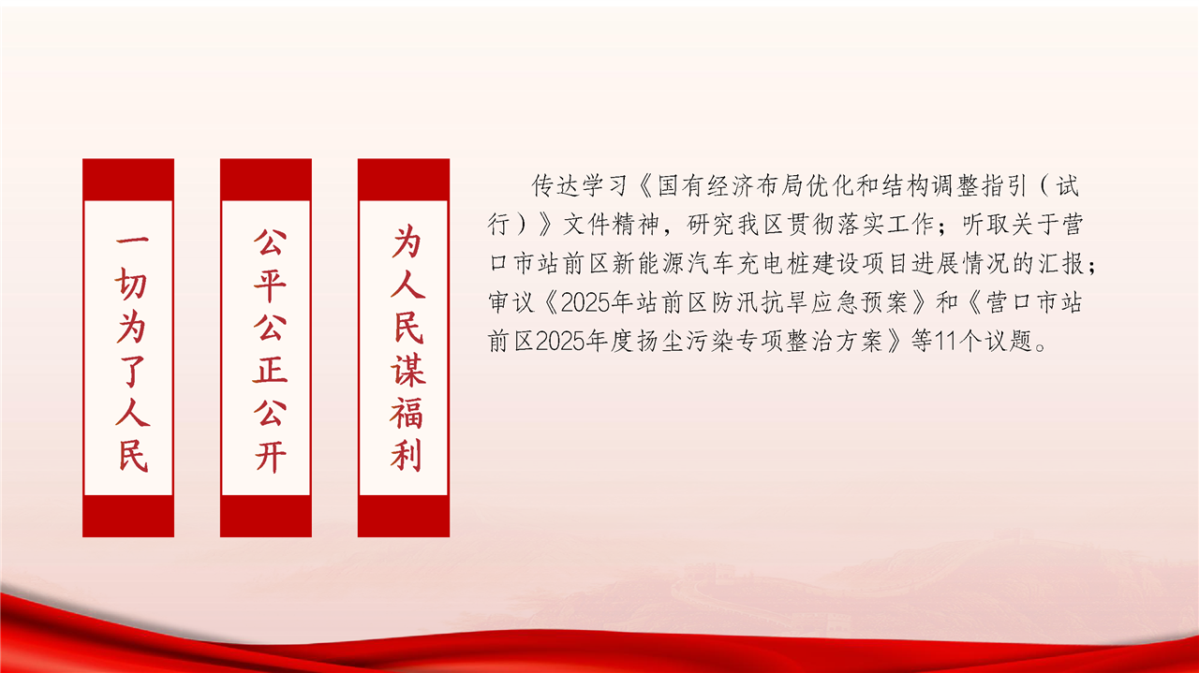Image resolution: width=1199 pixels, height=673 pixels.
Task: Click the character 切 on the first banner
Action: [x=130, y=283]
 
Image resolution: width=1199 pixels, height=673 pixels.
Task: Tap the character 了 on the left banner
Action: [x=132, y=371]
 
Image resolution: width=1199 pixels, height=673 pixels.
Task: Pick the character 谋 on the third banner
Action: [x=407, y=371]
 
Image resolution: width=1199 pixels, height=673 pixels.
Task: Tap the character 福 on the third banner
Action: [x=407, y=413]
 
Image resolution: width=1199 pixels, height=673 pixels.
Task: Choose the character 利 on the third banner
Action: [x=407, y=456]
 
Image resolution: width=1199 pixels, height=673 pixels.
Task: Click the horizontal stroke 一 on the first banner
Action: [x=132, y=241]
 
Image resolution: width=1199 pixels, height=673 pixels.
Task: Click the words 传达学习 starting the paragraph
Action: [x=579, y=185]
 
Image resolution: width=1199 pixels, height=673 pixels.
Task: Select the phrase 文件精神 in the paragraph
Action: [x=611, y=224]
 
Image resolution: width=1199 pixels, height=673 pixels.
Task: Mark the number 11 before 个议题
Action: [x=945, y=342]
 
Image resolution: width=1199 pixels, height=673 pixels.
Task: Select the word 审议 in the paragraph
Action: [x=511, y=302]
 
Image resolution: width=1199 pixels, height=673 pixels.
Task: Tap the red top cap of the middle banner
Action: [x=266, y=180]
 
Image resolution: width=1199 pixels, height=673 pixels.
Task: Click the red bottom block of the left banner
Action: [x=128, y=516]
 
